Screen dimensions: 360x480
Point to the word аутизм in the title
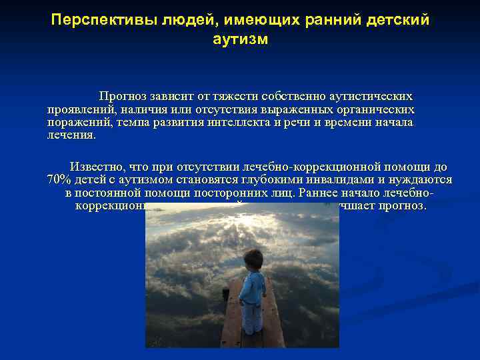point(240,40)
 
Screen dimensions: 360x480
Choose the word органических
point(375,109)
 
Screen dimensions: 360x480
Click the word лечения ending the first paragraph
point(71,135)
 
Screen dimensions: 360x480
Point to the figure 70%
point(59,180)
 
